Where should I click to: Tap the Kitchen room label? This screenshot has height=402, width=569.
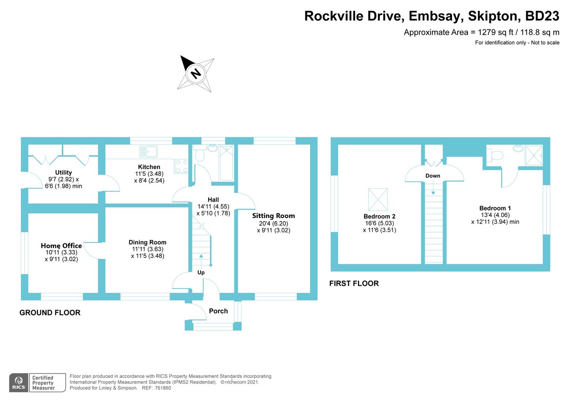click(x=149, y=167)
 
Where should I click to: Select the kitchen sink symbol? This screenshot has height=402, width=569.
click(x=148, y=152)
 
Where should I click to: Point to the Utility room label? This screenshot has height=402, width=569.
click(x=64, y=172)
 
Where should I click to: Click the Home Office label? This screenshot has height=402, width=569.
click(x=61, y=246)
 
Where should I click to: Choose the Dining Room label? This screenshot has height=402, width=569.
click(x=148, y=242)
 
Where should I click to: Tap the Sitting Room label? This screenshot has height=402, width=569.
click(x=274, y=216)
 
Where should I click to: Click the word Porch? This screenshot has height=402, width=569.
click(x=219, y=311)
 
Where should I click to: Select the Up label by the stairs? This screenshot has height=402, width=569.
click(x=201, y=273)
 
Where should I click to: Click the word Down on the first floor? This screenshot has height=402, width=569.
click(x=432, y=176)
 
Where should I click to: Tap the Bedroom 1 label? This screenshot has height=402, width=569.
click(x=495, y=208)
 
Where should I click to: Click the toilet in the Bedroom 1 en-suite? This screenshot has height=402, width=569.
click(x=496, y=154)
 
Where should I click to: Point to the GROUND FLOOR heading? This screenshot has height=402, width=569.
click(x=50, y=313)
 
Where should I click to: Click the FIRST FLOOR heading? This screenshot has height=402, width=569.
click(x=354, y=283)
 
